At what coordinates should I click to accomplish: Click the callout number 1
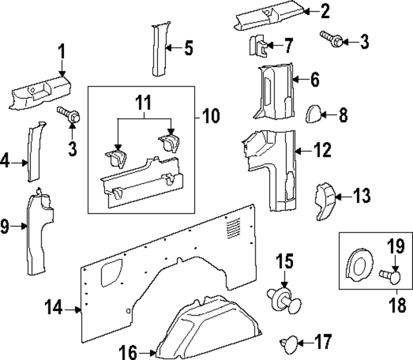click(62, 50)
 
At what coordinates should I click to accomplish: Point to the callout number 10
click(210, 117)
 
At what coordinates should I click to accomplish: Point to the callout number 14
click(55, 309)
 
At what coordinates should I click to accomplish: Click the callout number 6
click(314, 80)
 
